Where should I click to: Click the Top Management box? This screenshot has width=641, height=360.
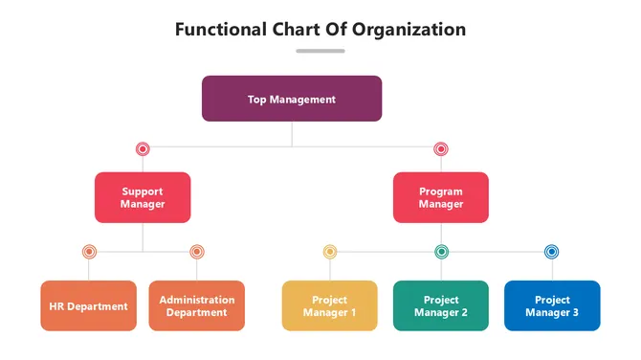pos(292,99)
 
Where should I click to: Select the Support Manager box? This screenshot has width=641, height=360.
pos(143,197)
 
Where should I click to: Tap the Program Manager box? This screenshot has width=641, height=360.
pos(441,197)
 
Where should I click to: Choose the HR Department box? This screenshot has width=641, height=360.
pos(88,306)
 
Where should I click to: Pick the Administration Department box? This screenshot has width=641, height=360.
pos(196,306)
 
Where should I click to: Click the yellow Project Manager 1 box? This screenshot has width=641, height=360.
pos(329,306)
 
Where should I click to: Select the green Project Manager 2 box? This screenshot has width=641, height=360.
pos(441,306)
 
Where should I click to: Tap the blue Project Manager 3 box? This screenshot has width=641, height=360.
pos(552,306)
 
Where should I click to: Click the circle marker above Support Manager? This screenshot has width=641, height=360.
pos(143,148)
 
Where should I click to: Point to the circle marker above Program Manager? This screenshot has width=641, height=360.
pos(441,148)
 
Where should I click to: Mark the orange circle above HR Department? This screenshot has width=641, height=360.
pos(89,252)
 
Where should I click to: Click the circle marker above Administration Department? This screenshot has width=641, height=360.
pos(196,252)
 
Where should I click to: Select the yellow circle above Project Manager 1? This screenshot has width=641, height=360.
pos(330,252)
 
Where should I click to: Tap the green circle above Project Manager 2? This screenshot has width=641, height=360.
pos(441,252)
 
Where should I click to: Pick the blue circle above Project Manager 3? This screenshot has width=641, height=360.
pos(551,252)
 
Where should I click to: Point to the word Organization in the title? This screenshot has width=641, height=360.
pos(409,29)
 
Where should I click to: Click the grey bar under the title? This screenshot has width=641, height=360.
pos(320,51)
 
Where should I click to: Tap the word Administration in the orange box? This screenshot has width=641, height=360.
pos(197,300)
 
